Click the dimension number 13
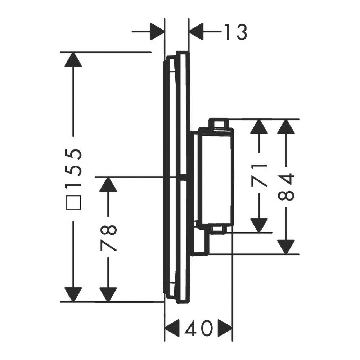(235, 32)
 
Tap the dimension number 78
(108, 238)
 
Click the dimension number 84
(286, 187)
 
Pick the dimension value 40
(199, 328)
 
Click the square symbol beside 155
(73, 202)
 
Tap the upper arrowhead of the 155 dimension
(73, 60)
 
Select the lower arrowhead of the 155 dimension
(73, 294)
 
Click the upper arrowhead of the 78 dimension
(108, 184)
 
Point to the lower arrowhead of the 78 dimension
(108, 294)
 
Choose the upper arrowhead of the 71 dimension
(259, 126)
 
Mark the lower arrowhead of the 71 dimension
(259, 225)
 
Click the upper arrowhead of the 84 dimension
(286, 126)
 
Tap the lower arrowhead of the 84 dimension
(286, 247)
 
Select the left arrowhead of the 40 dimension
(172, 328)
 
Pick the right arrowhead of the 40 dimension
(225, 328)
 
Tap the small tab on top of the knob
(219, 123)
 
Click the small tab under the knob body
(219, 230)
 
